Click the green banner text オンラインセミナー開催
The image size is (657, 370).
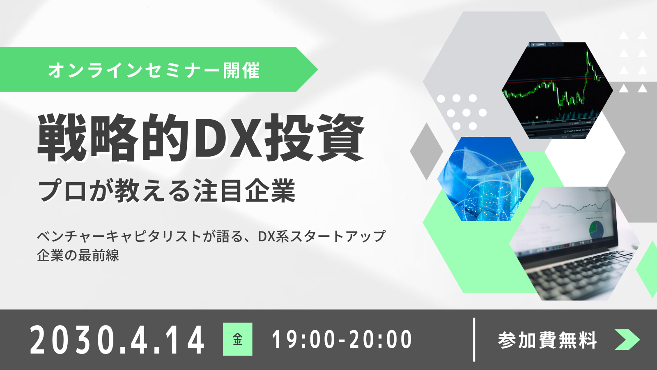(154, 70)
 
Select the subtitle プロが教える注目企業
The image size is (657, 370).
(167, 191)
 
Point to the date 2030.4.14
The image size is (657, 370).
(117, 340)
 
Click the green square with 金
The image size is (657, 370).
(238, 339)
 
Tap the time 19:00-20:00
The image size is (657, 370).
(342, 340)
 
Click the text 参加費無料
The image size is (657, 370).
(547, 340)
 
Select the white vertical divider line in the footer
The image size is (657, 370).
(474, 340)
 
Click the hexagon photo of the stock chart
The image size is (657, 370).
(557, 90)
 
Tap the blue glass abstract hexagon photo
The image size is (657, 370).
(486, 179)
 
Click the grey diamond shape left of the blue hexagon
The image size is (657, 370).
(427, 151)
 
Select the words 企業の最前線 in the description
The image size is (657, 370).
(78, 255)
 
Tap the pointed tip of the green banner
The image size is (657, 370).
(318, 69)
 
